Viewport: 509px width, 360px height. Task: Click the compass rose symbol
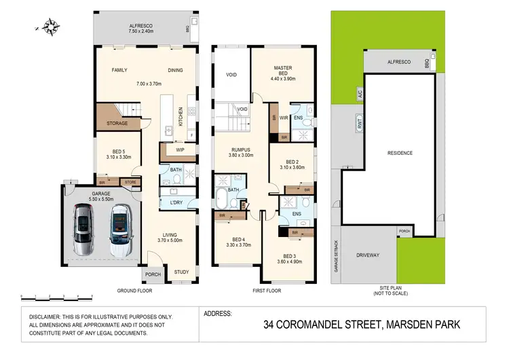50,27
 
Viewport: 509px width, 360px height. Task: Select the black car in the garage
120,230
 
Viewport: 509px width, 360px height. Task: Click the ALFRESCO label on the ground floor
143,26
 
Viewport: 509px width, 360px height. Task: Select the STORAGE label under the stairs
117,123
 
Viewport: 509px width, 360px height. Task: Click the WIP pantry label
180,149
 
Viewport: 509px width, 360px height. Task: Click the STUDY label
181,272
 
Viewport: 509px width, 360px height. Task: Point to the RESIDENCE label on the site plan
400,153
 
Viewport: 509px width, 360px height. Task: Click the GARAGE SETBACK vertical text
337,257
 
